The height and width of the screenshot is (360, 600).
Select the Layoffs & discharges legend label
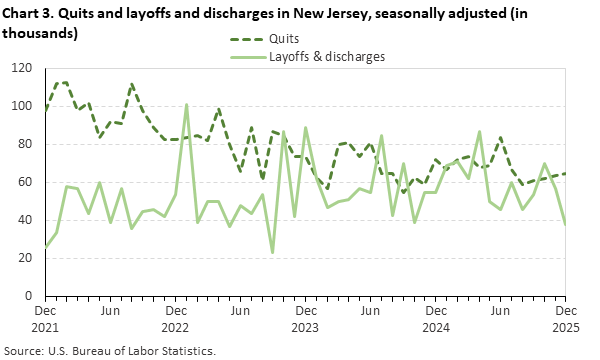pos(327,57)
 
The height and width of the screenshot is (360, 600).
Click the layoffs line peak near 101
pos(186,104)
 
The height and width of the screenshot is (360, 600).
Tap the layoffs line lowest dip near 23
pos(273,252)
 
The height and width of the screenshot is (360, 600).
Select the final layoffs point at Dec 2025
pos(567,224)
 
